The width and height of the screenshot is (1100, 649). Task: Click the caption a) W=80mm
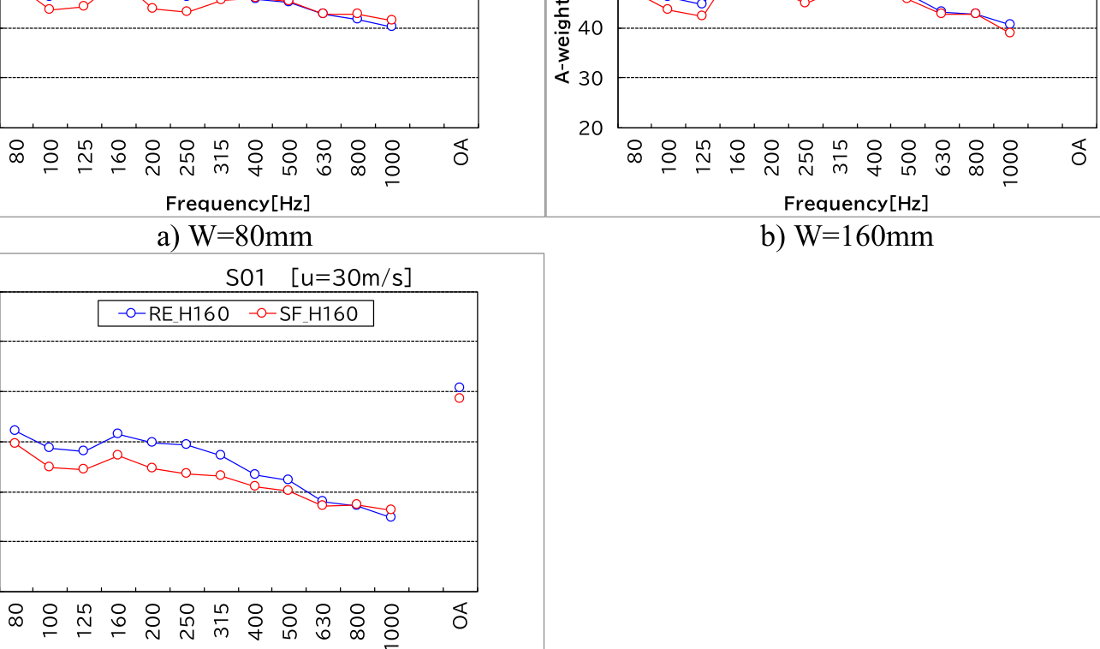[235, 235]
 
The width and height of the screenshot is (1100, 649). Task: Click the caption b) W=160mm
[847, 235]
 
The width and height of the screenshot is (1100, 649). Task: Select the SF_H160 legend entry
[309, 314]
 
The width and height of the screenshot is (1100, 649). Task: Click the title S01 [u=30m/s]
[318, 278]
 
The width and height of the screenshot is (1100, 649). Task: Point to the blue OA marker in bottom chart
[460, 388]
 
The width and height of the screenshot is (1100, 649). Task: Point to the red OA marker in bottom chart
[460, 398]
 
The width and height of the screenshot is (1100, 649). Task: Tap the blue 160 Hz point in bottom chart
[117, 433]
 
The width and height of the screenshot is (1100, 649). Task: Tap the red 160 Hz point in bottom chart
[117, 455]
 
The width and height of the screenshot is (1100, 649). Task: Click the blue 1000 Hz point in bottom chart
[391, 516]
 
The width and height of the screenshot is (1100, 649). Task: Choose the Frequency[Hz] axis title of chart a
[238, 203]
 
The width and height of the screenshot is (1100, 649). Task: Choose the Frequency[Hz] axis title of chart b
[856, 203]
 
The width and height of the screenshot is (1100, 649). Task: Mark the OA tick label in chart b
[1079, 151]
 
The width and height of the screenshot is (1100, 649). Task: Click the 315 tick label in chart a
[222, 158]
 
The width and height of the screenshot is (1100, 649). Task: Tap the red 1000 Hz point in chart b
[1010, 33]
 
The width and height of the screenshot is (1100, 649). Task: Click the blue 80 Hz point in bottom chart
[15, 430]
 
